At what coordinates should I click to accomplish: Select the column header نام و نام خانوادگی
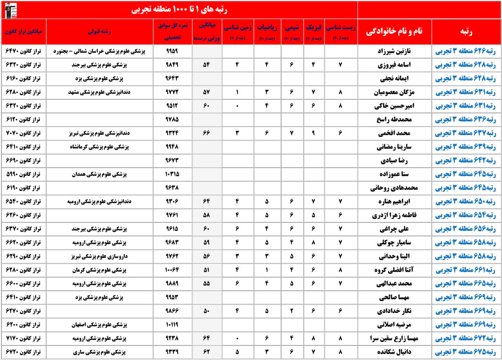point(394,31)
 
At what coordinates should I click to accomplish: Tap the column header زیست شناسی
point(340,31)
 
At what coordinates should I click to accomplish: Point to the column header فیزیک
point(313,31)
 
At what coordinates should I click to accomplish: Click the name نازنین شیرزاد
point(394,51)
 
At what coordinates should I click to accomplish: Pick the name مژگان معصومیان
point(394,92)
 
